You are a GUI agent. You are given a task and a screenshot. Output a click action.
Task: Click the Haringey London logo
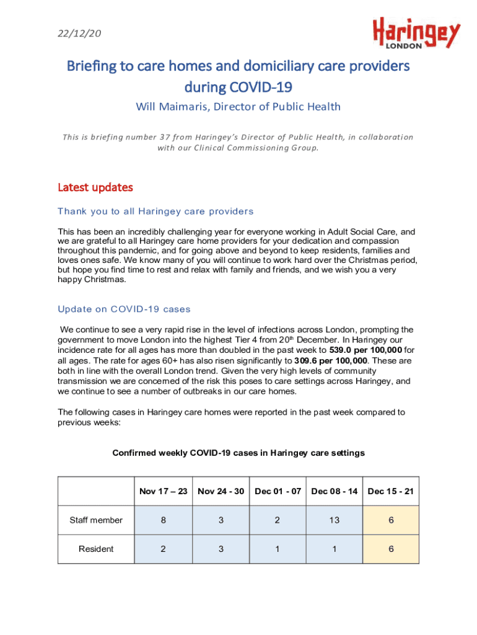point(416,33)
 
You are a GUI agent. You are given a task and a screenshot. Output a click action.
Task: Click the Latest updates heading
point(95,187)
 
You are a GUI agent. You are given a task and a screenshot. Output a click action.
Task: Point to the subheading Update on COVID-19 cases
point(124,309)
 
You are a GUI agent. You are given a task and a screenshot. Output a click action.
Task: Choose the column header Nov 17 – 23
point(164,491)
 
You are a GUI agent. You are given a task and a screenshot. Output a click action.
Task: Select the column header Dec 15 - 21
point(390,491)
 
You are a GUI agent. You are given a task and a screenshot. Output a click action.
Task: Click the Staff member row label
point(96,520)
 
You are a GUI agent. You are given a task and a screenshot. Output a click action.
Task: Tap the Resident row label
point(96,549)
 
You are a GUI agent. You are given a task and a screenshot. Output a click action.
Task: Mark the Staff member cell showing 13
point(335,520)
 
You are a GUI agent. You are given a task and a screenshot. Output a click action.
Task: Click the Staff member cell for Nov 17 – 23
point(164,520)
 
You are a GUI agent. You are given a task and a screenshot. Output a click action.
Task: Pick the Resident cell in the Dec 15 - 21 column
point(390,549)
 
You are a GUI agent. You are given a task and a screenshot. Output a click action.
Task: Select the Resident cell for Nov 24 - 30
point(221,549)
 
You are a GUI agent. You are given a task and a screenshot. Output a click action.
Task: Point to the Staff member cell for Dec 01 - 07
point(278,520)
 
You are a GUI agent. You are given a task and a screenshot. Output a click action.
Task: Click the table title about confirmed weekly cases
point(239,453)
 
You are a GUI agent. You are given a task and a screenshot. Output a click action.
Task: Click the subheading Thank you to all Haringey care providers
point(155,211)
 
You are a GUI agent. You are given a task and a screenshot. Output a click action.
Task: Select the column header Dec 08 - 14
point(335,491)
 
